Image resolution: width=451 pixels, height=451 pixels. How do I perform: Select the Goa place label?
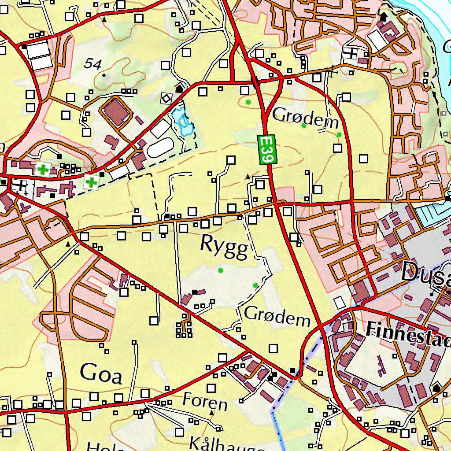coord(101,373)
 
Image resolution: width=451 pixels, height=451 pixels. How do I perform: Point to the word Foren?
coord(205,402)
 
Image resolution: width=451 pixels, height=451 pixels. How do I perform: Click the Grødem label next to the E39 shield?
coord(306,116)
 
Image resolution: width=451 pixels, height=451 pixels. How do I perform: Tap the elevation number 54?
coord(93,64)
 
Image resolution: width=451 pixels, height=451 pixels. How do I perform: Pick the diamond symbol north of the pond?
coord(166,98)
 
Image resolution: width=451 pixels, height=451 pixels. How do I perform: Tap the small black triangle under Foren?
coord(212,413)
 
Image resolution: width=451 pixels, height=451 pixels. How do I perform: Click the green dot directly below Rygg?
coord(221,270)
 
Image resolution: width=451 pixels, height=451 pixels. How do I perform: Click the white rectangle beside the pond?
coord(161,129)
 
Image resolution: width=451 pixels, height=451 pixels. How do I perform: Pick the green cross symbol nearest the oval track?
coord(91,181)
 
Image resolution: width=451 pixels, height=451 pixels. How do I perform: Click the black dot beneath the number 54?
coord(104,75)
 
